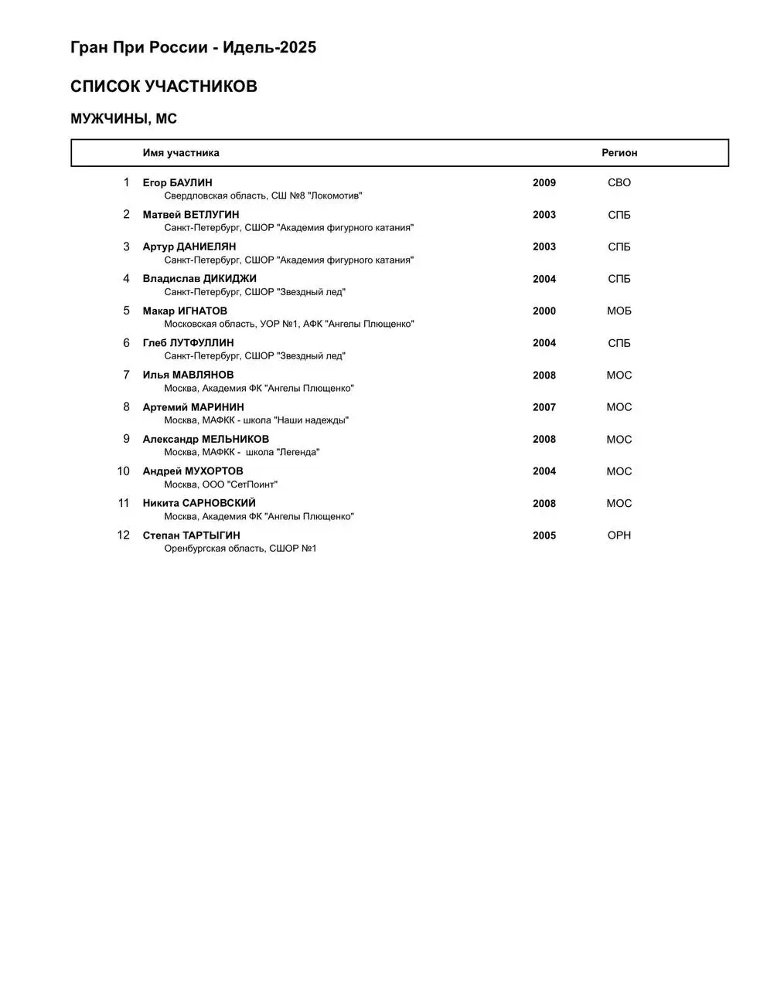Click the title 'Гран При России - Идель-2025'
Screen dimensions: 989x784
point(193,47)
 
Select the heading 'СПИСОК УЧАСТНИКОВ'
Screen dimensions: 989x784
point(164,87)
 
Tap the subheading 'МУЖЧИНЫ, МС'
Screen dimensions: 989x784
point(124,119)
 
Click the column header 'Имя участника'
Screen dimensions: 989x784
point(181,153)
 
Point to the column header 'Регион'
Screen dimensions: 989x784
point(619,153)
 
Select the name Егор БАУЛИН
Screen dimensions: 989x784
point(177,183)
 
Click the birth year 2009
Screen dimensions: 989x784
point(544,183)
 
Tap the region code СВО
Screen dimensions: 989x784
point(619,183)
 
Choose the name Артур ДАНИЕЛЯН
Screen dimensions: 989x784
point(189,247)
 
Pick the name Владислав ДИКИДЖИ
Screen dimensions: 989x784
point(199,279)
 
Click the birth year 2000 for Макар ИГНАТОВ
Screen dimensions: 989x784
point(544,311)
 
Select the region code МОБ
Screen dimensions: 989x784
point(619,311)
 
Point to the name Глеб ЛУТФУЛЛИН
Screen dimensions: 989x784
point(188,343)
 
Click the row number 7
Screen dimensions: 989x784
point(127,375)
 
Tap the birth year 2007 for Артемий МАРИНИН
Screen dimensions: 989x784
point(544,407)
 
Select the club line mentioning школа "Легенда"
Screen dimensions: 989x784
point(242,452)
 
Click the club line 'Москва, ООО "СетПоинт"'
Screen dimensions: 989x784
point(221,484)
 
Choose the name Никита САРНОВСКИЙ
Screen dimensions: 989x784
point(199,503)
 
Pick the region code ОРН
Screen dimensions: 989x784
point(619,535)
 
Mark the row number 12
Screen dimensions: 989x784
point(124,535)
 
